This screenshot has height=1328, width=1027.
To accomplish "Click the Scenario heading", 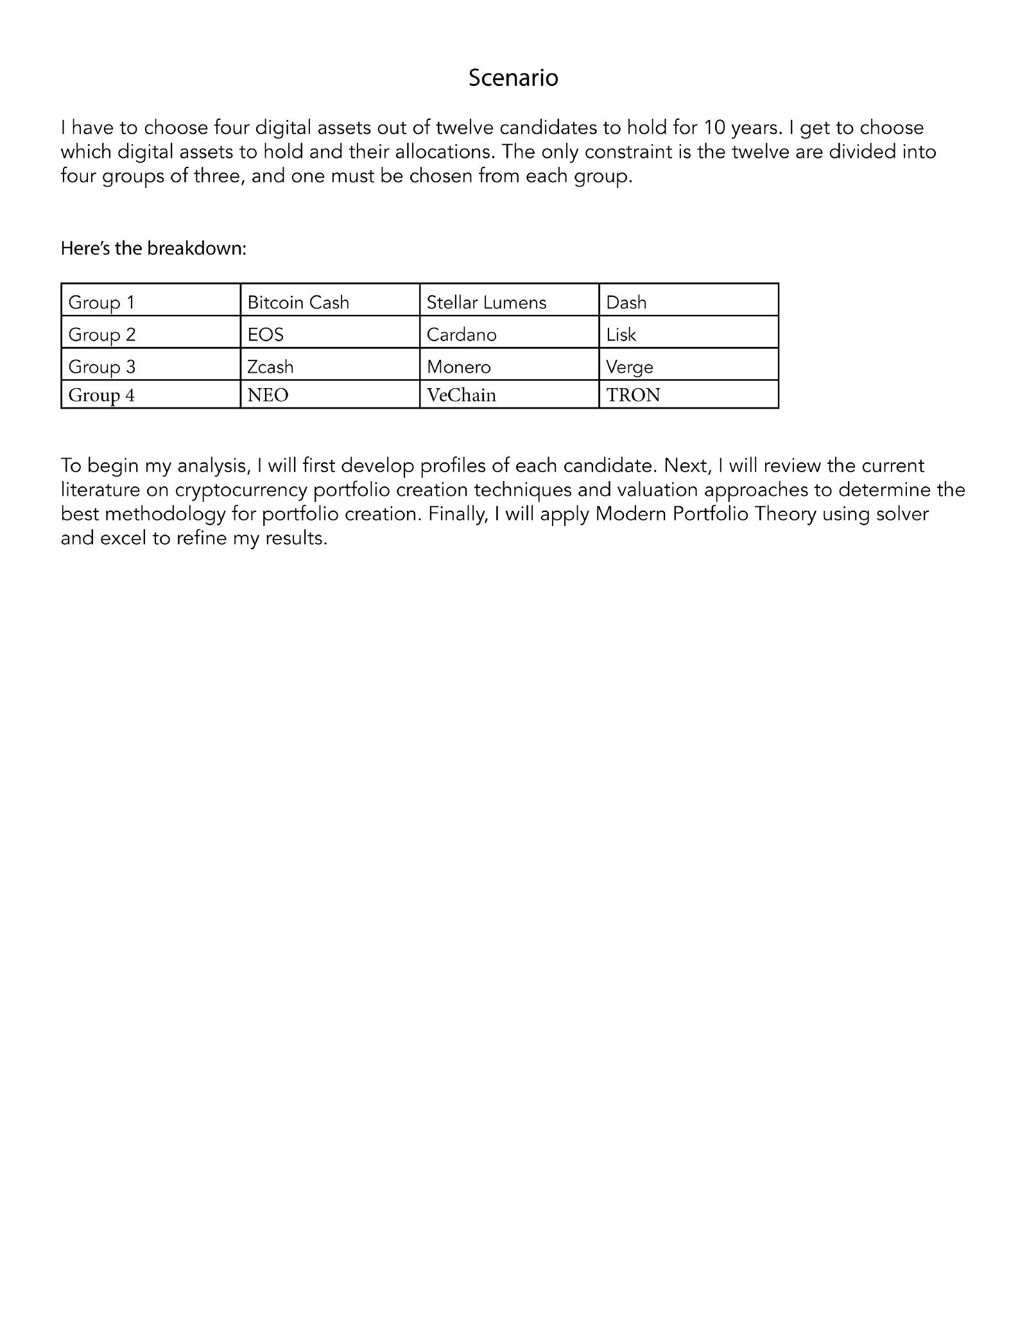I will coord(513,78).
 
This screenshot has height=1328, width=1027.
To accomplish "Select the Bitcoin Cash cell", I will coord(298,302).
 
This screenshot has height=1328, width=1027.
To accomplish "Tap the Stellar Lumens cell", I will coord(487,302).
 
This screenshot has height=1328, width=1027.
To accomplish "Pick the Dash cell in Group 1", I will coord(626,302).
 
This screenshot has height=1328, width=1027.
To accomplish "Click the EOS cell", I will coord(266,334).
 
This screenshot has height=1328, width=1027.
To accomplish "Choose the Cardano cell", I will coord(462,334).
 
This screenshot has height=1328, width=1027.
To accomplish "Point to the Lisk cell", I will coord(621,334).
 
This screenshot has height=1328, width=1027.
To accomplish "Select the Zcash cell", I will coord(270,366).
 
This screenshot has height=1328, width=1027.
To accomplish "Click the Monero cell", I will coord(459,366).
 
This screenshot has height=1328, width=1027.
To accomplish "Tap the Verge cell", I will coord(630,366).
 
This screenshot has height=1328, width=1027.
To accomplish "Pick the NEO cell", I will coord(268,395).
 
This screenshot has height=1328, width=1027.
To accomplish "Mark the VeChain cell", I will coord(462,395).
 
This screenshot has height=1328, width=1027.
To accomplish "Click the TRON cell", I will coord(634,395).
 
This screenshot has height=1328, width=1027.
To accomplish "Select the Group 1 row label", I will coord(101,302).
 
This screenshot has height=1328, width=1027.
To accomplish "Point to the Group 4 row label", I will coord(101,395).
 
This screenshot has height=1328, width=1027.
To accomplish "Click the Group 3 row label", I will coord(101,366).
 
